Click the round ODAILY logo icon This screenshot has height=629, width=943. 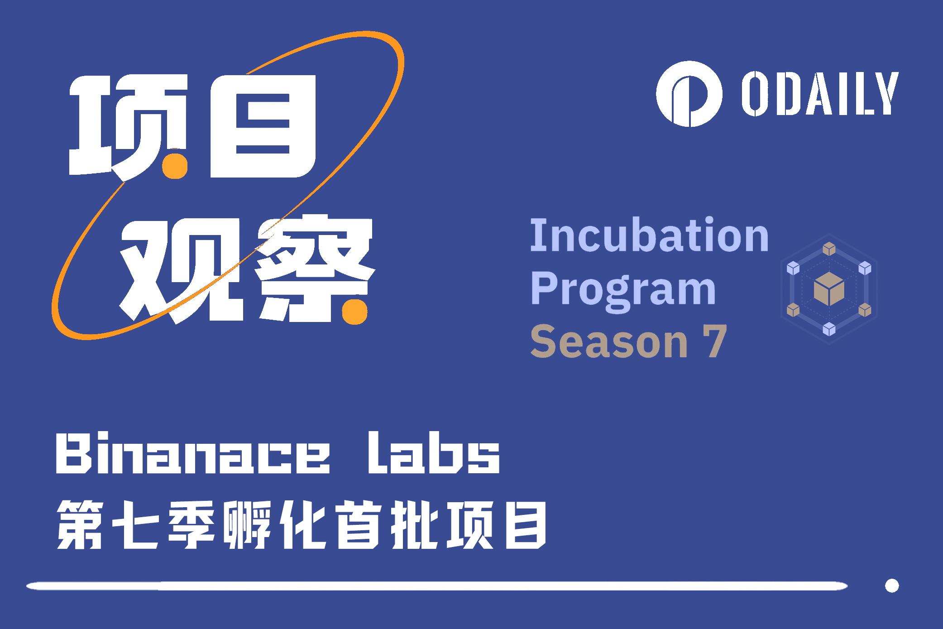click(x=689, y=94)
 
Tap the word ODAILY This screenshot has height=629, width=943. click(x=819, y=94)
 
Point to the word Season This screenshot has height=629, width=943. click(x=609, y=342)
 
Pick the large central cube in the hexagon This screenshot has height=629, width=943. click(x=829, y=289)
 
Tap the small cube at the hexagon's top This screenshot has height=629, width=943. click(x=829, y=249)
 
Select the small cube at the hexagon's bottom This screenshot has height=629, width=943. click(x=829, y=329)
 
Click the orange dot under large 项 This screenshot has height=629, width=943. click(x=175, y=166)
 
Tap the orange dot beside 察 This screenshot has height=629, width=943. click(x=354, y=312)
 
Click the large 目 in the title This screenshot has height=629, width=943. click(x=263, y=126)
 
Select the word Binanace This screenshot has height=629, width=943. click(x=193, y=453)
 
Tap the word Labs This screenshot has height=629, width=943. click(x=434, y=453)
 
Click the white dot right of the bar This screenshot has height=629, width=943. click(x=892, y=586)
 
